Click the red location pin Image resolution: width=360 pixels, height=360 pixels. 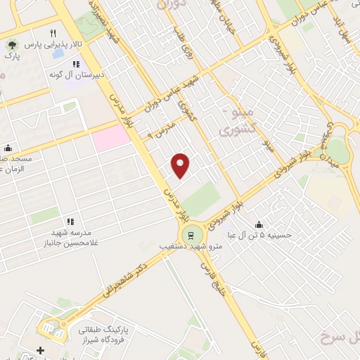pos(181,165)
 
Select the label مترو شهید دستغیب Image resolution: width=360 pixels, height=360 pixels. pos(190,247)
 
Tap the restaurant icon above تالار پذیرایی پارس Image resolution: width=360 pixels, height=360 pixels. pos(53,33)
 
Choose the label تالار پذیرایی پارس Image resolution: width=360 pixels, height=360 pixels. pos(53,44)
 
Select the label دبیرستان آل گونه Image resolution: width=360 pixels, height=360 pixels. pos(77,73)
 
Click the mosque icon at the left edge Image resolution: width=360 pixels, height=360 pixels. pos(8,148)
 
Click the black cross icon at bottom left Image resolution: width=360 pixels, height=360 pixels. pos(40,349)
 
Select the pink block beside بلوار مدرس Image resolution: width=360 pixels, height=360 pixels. pos(111,139)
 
